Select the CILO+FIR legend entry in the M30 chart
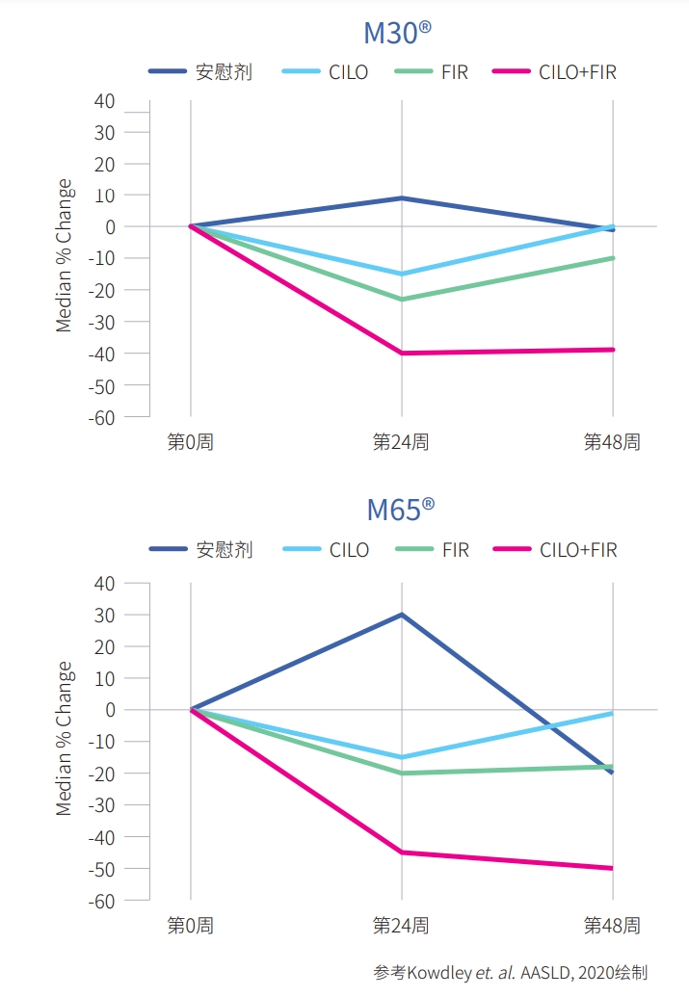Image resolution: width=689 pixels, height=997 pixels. coord(577,72)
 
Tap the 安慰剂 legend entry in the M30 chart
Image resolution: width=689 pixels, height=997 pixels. coord(224,72)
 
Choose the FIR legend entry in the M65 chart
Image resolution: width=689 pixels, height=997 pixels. coord(455,550)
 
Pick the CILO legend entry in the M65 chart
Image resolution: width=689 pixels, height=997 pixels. coord(349,550)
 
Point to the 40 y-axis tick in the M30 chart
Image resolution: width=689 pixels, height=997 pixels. coord(103,100)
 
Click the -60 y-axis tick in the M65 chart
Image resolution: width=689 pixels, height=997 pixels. coord(100,900)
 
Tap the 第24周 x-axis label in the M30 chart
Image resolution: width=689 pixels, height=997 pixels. coord(401,442)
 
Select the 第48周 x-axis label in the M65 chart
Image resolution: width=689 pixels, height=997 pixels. coord(612,925)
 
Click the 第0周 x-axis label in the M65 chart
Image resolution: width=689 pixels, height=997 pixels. coord(190,925)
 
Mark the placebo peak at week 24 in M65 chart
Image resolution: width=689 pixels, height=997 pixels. coord(402,615)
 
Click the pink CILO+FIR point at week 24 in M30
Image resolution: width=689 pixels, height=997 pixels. coord(402,354)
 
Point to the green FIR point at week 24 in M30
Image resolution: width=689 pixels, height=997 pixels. coord(402,300)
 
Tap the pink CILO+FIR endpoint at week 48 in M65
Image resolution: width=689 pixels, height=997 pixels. coord(612,868)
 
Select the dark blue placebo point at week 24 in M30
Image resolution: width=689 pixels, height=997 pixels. coord(402,198)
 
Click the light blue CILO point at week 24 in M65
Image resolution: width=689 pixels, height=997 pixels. coord(402,757)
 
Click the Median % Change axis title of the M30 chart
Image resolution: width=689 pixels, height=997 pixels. coord(65,255)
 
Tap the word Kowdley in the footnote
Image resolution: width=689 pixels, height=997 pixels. coord(438,973)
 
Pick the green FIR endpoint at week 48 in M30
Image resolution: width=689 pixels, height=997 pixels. coord(612,258)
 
